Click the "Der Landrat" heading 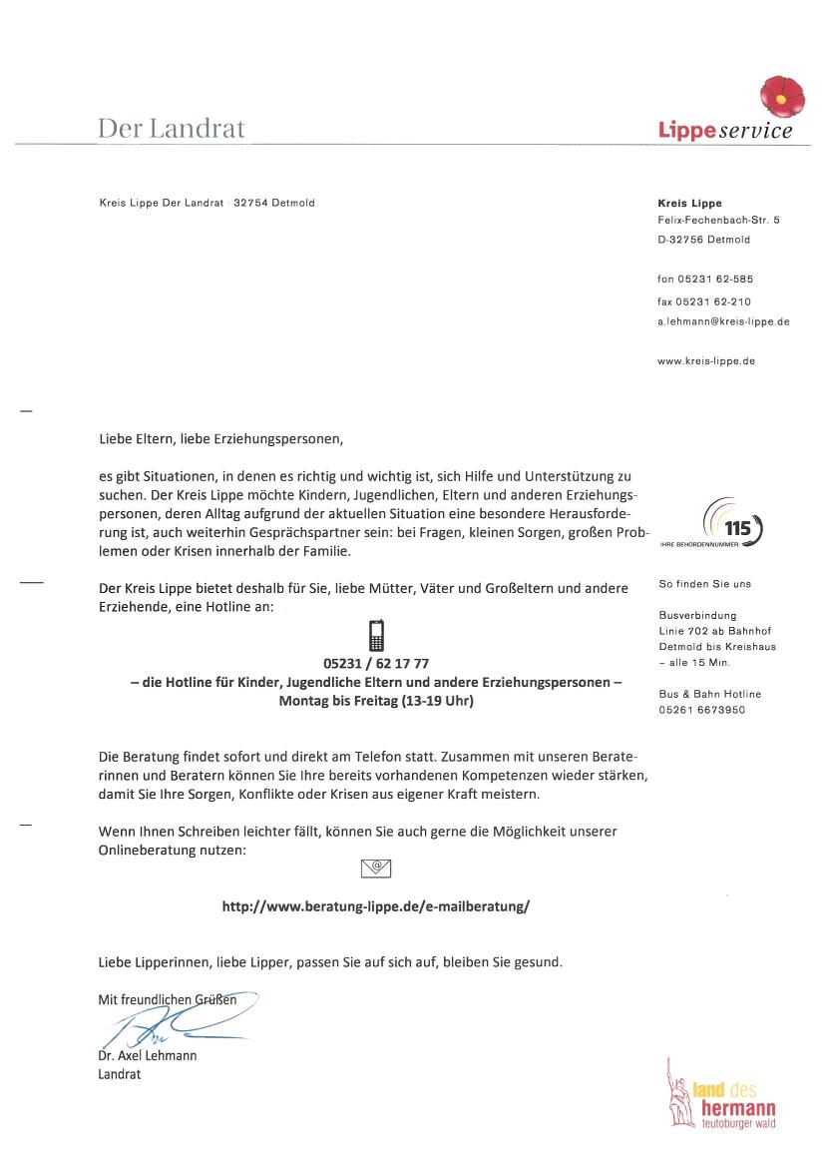pyautogui.click(x=171, y=129)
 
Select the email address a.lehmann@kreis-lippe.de pyautogui.click(x=723, y=321)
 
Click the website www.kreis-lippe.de pyautogui.click(x=705, y=360)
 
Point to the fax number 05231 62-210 pyautogui.click(x=704, y=300)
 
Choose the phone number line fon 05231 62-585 pyautogui.click(x=704, y=280)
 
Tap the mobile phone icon pyautogui.click(x=376, y=636)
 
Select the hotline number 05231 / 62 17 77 pyautogui.click(x=376, y=663)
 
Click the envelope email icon pyautogui.click(x=375, y=868)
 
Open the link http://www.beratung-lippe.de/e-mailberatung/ pyautogui.click(x=375, y=907)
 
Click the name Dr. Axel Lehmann pyautogui.click(x=148, y=1055)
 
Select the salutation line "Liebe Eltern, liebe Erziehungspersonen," pyautogui.click(x=227, y=437)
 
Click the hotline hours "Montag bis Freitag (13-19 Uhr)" pyautogui.click(x=376, y=702)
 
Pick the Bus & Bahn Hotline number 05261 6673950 pyautogui.click(x=701, y=710)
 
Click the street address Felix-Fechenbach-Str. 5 pyautogui.click(x=718, y=219)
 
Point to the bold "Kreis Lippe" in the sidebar pyautogui.click(x=689, y=203)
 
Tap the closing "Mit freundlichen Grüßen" pyautogui.click(x=168, y=998)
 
